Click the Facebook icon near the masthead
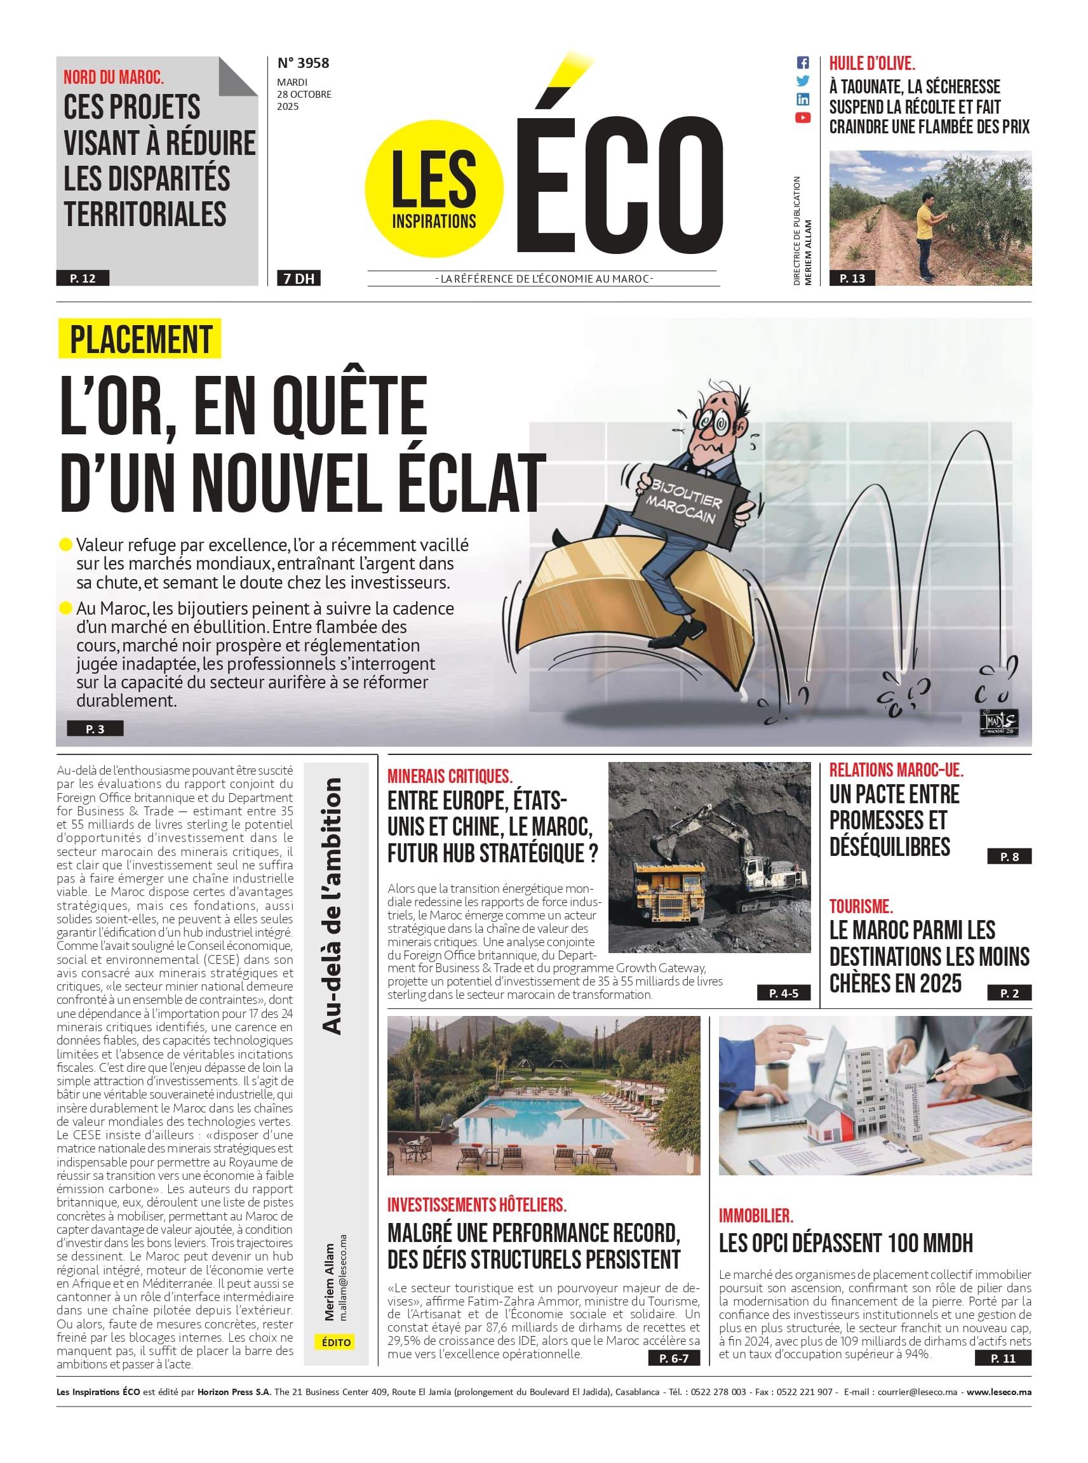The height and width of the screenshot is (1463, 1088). (802, 63)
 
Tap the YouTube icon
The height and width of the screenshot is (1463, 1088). (802, 118)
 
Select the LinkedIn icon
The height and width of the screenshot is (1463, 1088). (802, 100)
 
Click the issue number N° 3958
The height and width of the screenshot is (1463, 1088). (303, 63)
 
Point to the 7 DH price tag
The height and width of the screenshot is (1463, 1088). (299, 279)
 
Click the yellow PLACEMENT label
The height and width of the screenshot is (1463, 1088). (140, 339)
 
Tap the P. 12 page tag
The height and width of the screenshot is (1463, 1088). (83, 279)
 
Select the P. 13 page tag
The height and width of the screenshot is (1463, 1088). (852, 279)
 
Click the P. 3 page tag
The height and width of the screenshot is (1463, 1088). (95, 729)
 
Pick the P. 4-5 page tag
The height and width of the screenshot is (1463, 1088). (783, 993)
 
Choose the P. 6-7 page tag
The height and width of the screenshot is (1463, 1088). (674, 1358)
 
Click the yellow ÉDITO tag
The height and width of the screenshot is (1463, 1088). (337, 1342)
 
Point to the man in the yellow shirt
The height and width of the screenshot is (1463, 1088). (926, 230)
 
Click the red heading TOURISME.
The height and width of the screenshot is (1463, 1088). (861, 907)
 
